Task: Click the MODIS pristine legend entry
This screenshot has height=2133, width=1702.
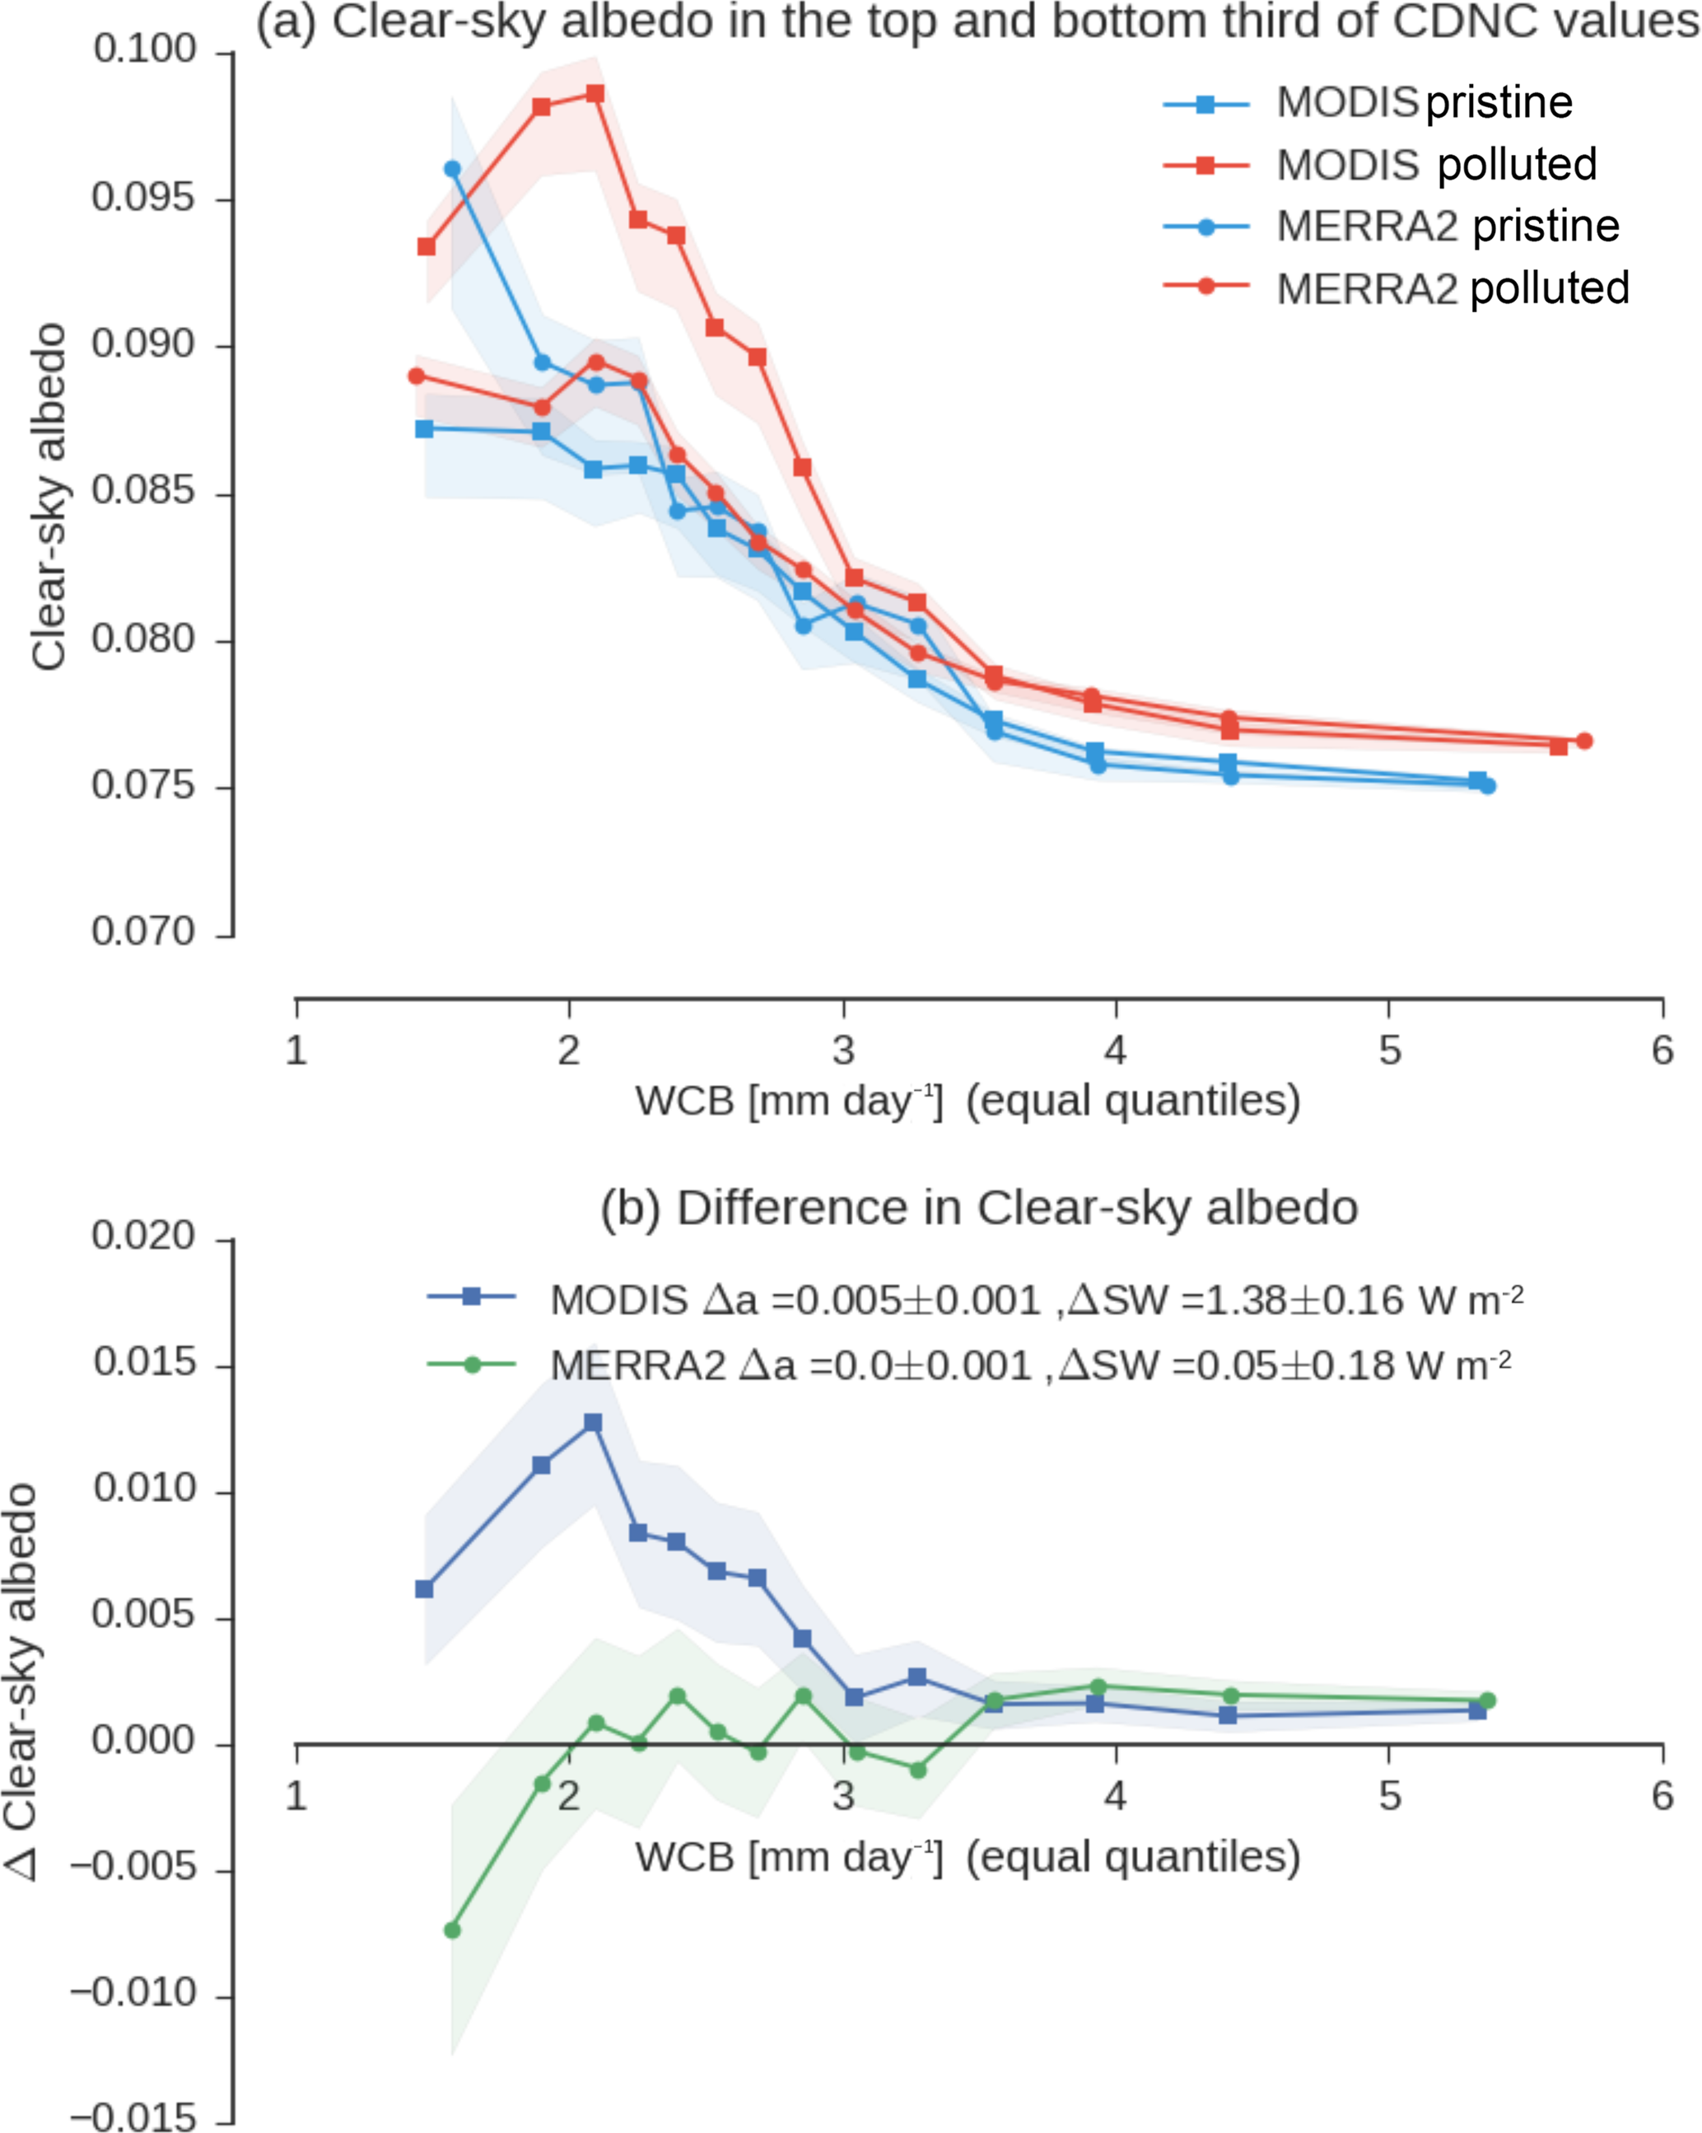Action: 1425,103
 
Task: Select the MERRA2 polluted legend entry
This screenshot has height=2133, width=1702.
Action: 1452,288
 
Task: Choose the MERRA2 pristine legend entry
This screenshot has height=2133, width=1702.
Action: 1447,227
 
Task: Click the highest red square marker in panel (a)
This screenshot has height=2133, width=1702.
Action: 595,94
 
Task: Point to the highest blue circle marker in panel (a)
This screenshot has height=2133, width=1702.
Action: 452,169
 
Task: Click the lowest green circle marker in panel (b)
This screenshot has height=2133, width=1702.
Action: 452,1930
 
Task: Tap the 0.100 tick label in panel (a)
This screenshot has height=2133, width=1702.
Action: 144,49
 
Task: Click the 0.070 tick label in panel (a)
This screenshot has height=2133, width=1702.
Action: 144,932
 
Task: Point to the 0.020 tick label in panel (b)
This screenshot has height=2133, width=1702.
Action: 144,1236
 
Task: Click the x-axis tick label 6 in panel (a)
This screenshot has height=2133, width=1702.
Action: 1662,1050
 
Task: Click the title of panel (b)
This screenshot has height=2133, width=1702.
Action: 979,1209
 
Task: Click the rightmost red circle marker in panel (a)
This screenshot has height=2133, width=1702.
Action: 1584,741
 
